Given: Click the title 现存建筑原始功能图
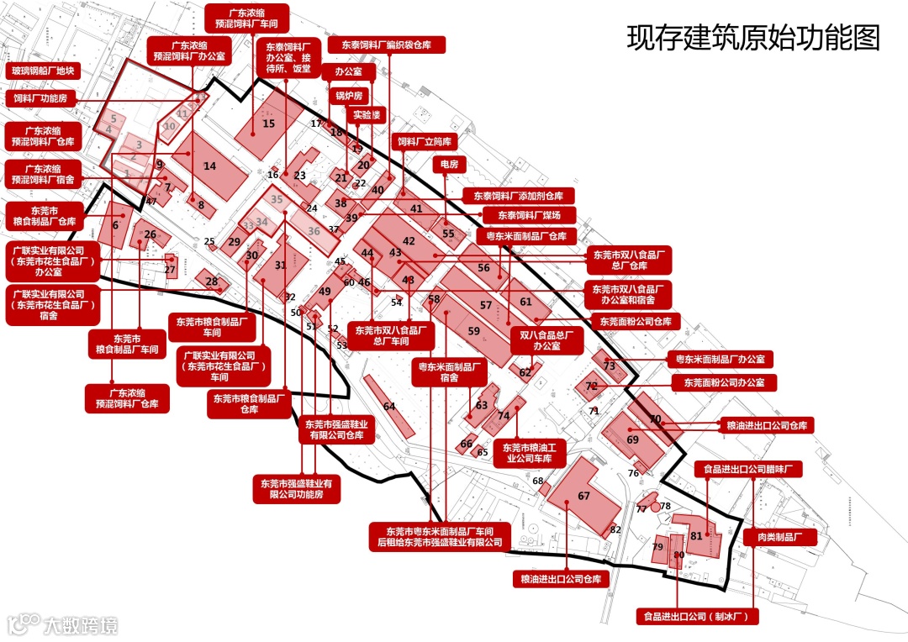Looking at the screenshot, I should tap(753, 38).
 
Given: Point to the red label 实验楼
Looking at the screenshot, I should tap(366, 114).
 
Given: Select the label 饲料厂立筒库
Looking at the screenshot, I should tap(425, 141).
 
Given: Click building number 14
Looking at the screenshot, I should tap(209, 166).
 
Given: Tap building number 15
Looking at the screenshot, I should tap(268, 124).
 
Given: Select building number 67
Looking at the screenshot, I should tap(583, 496).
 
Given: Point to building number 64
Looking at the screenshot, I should tap(389, 407).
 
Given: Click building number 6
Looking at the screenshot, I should tap(115, 225).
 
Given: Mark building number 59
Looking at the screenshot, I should tap(474, 331).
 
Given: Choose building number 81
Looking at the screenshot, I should tap(696, 535).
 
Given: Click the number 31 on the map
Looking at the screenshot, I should tap(281, 266).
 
